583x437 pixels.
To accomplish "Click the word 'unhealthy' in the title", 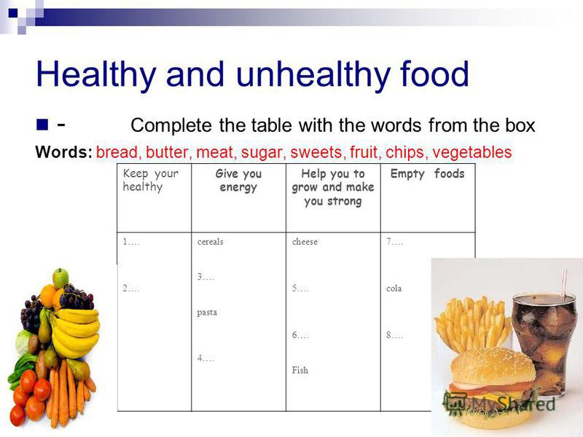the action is pyautogui.click(x=313, y=75).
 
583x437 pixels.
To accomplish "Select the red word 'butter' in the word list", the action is pyautogui.click(x=167, y=152).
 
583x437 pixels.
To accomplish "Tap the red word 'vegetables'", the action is pyautogui.click(x=472, y=152).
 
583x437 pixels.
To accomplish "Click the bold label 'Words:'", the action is pyautogui.click(x=63, y=152).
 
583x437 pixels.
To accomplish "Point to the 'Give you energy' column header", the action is pyautogui.click(x=238, y=180).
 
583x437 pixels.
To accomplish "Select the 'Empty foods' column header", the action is pyautogui.click(x=427, y=173).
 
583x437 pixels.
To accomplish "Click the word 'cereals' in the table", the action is pyautogui.click(x=210, y=242).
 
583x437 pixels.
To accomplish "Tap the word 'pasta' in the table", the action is pyautogui.click(x=207, y=312).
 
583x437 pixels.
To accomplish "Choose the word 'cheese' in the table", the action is pyautogui.click(x=305, y=242).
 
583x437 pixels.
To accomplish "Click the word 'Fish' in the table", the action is pyautogui.click(x=300, y=370).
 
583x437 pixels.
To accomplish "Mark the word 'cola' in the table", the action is pyautogui.click(x=394, y=288).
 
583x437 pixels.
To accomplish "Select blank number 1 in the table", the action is pyautogui.click(x=131, y=242).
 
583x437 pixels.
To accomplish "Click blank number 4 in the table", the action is pyautogui.click(x=206, y=358).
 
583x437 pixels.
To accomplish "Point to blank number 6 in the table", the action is pyautogui.click(x=300, y=335).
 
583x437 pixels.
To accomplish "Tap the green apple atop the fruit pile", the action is pyautogui.click(x=60, y=278).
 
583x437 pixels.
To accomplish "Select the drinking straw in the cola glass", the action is pyautogui.click(x=564, y=283).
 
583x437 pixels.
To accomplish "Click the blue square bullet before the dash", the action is pyautogui.click(x=42, y=125).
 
